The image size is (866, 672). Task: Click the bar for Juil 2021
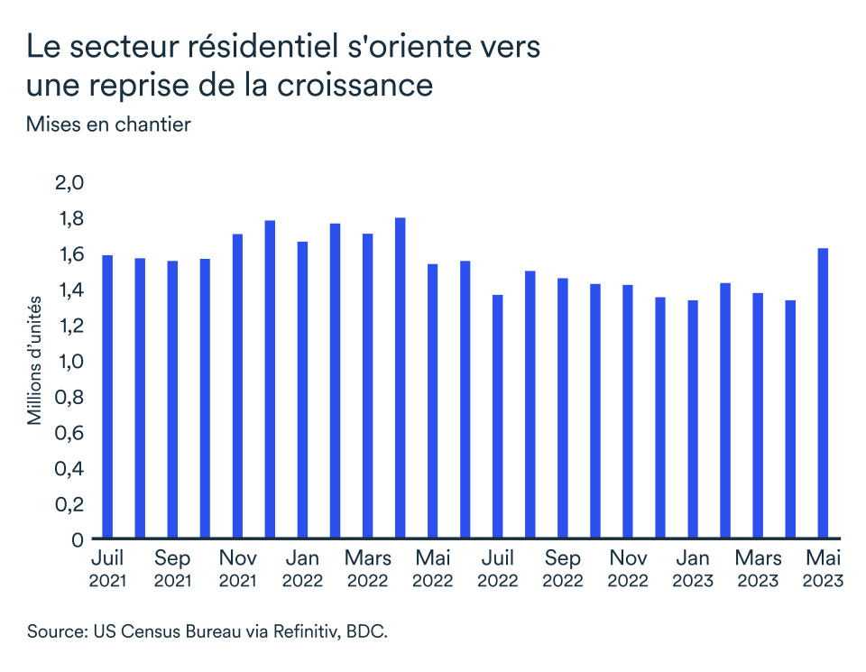pyautogui.click(x=107, y=397)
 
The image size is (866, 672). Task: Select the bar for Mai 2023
pyautogui.click(x=823, y=393)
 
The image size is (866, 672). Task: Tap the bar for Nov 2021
pyautogui.click(x=237, y=386)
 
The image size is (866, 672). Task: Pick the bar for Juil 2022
pyautogui.click(x=497, y=417)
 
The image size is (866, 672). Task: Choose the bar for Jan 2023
pyautogui.click(x=692, y=419)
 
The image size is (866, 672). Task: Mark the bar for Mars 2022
pyautogui.click(x=367, y=386)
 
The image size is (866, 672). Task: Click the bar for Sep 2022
pyautogui.click(x=562, y=409)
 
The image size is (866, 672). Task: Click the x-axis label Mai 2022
pyautogui.click(x=432, y=569)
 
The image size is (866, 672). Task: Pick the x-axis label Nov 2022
pyautogui.click(x=627, y=569)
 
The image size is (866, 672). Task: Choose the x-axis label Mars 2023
pyautogui.click(x=757, y=569)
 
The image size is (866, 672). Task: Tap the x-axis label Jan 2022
pyautogui.click(x=302, y=569)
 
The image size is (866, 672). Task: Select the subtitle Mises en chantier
pyautogui.click(x=108, y=124)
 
